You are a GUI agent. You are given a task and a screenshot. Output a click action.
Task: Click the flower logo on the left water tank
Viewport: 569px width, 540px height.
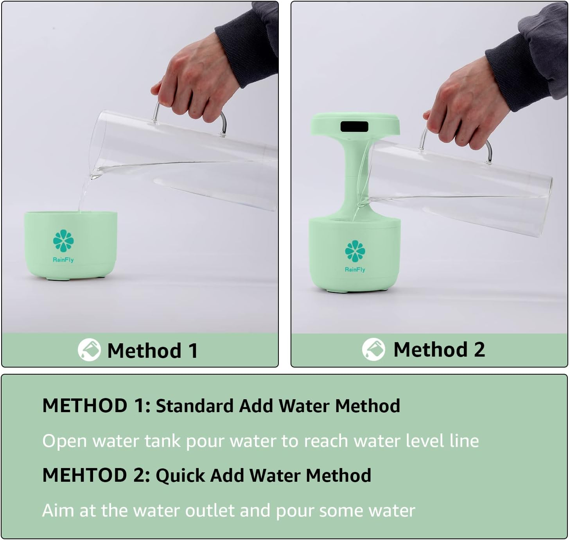point(63,241)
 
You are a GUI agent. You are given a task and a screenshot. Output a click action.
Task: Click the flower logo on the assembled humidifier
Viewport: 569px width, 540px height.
point(355,251)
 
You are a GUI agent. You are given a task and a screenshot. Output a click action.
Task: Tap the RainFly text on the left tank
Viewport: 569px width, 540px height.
point(63,260)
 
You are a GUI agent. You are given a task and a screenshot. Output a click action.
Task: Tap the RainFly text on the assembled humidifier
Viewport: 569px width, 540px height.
point(355,269)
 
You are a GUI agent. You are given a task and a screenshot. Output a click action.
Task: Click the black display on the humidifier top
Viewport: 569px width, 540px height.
point(354,127)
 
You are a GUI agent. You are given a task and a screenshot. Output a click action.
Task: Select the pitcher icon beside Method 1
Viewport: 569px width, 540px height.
point(89,350)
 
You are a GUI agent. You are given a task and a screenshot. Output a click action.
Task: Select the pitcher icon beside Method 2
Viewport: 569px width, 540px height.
point(373,349)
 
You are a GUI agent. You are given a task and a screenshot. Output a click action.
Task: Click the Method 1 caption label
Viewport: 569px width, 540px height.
point(153,350)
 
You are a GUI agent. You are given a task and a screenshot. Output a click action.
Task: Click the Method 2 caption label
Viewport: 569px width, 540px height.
point(439,349)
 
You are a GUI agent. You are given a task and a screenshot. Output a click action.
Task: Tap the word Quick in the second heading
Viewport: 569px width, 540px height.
point(180,475)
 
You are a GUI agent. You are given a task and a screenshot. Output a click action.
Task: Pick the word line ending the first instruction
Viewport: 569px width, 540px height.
point(464,441)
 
